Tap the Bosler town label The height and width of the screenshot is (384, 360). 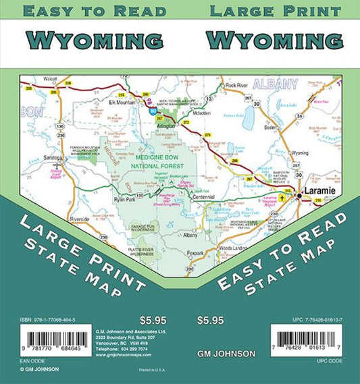(272, 127)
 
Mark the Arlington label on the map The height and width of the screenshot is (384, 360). (166, 125)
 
